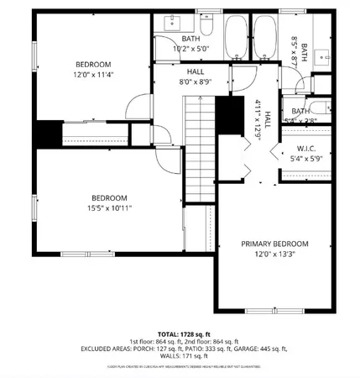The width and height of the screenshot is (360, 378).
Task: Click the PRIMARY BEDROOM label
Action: [274, 244]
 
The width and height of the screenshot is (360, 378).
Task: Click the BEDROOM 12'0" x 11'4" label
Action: [93, 65]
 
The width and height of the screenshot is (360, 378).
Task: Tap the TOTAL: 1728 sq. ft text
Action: [180, 334]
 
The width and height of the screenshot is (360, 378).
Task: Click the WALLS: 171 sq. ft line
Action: [180, 356]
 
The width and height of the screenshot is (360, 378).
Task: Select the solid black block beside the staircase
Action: [226, 111]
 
